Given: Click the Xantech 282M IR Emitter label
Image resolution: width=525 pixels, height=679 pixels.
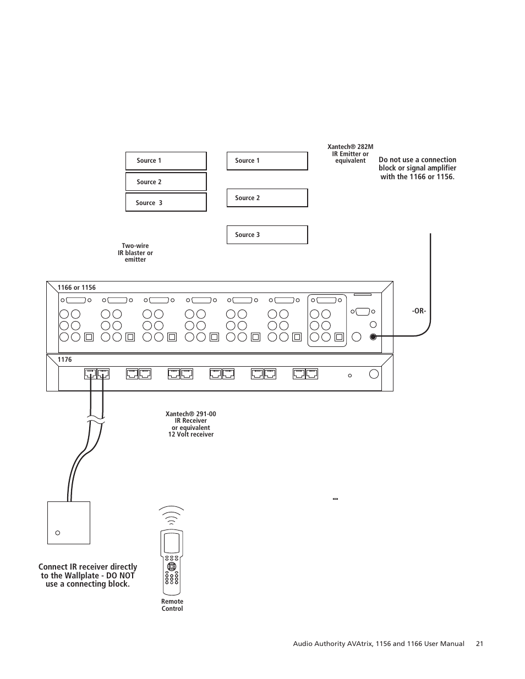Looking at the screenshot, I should tap(350, 154).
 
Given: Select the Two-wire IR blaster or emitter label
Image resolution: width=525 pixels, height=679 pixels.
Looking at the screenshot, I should tap(135, 253).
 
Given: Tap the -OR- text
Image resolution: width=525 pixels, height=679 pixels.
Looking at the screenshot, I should tap(419, 311).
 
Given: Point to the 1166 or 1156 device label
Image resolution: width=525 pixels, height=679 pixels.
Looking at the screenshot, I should tap(76, 288).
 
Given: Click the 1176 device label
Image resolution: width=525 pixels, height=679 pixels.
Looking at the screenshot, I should tap(64, 360).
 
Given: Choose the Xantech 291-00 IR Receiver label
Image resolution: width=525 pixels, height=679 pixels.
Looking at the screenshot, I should tap(190, 424).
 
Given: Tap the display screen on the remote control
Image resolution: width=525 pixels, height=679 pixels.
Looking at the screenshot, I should tap(172, 543).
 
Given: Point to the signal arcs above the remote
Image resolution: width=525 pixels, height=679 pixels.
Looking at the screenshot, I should tap(172, 516).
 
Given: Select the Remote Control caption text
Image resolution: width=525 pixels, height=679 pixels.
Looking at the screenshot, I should tap(172, 605).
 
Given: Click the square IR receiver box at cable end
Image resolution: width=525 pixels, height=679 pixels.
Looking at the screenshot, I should tap(69, 522).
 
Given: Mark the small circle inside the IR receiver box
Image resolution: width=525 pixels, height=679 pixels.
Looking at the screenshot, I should tap(58, 533).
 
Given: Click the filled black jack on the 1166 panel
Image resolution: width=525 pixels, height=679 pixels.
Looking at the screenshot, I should tap(373, 336).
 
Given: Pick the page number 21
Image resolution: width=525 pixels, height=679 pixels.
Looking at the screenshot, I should tap(479, 644).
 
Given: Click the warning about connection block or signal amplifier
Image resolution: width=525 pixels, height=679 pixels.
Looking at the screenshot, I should tap(417, 168).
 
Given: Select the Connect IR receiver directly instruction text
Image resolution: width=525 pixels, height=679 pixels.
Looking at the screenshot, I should tap(87, 575).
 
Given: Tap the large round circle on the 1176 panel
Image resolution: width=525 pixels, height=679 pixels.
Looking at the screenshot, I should tap(374, 374).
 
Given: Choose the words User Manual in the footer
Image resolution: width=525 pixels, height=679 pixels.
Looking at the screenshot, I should tap(444, 644).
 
